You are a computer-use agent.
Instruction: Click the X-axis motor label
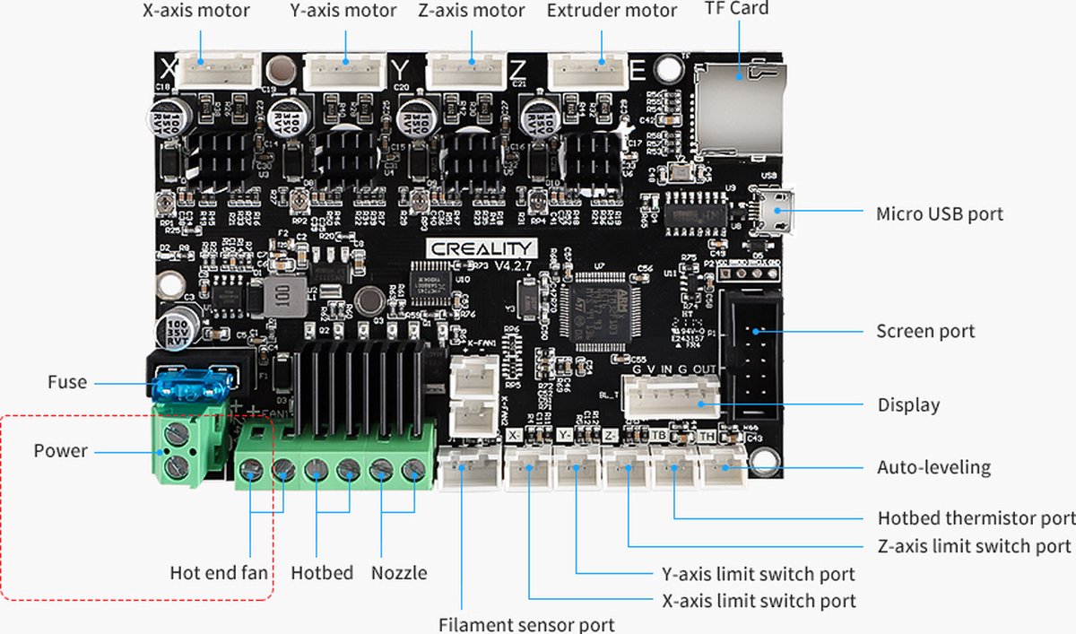click(x=196, y=12)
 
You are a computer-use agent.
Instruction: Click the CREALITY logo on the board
click(x=481, y=248)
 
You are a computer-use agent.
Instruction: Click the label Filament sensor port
click(x=526, y=624)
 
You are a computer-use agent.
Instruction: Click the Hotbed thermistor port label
click(x=976, y=518)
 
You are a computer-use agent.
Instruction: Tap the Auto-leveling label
click(x=933, y=467)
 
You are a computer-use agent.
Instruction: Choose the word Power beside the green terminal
click(x=61, y=450)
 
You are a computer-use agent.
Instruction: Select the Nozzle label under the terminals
click(x=399, y=572)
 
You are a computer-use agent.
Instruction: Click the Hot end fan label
click(x=219, y=572)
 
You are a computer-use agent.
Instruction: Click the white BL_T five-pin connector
click(x=672, y=394)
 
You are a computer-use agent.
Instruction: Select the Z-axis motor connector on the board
click(x=466, y=69)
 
